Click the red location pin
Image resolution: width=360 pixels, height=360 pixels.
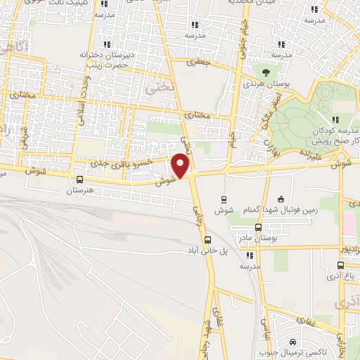point(181,165)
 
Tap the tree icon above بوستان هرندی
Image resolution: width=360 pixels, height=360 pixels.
point(265,71)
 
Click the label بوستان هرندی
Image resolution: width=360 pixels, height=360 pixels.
point(264,84)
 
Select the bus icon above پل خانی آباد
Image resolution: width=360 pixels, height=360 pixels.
point(206,240)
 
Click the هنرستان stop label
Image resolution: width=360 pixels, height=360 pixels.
point(70,191)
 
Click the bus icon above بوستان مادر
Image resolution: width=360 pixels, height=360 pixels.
point(257,227)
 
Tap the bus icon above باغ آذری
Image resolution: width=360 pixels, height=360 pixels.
point(340,266)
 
